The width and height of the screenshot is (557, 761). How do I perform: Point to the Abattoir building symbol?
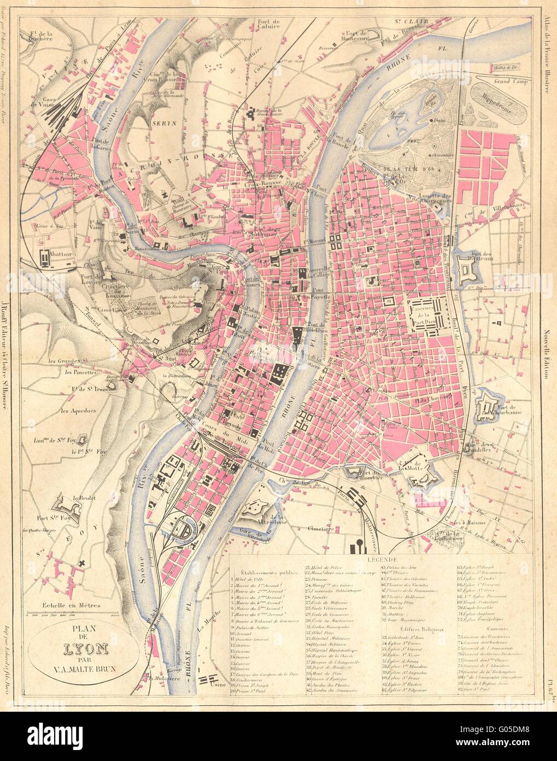pos(45,256)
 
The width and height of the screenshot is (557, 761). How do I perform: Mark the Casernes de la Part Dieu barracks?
pos(430,313)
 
